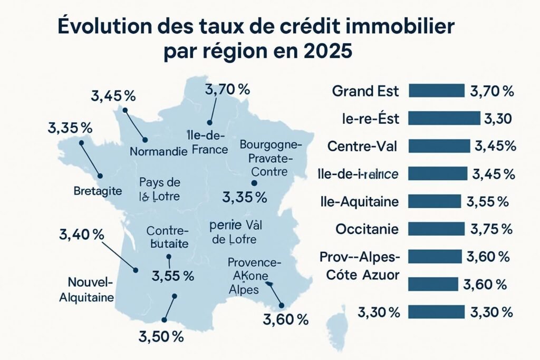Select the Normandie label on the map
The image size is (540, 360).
[x=158, y=152]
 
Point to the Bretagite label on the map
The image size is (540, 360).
[x=98, y=190]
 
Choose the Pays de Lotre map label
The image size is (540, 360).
[x=160, y=190]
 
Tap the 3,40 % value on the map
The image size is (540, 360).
[x=82, y=235]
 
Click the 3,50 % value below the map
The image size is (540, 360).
[x=161, y=336]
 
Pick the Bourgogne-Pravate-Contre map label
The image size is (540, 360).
[x=270, y=158]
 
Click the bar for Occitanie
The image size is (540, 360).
[x=436, y=229]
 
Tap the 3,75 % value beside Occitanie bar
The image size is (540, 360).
[x=491, y=229]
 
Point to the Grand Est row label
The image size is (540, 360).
[x=365, y=91]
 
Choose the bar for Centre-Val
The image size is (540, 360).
[x=439, y=146]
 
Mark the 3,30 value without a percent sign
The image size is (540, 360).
[x=498, y=119]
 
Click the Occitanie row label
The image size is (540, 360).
[x=367, y=229]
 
